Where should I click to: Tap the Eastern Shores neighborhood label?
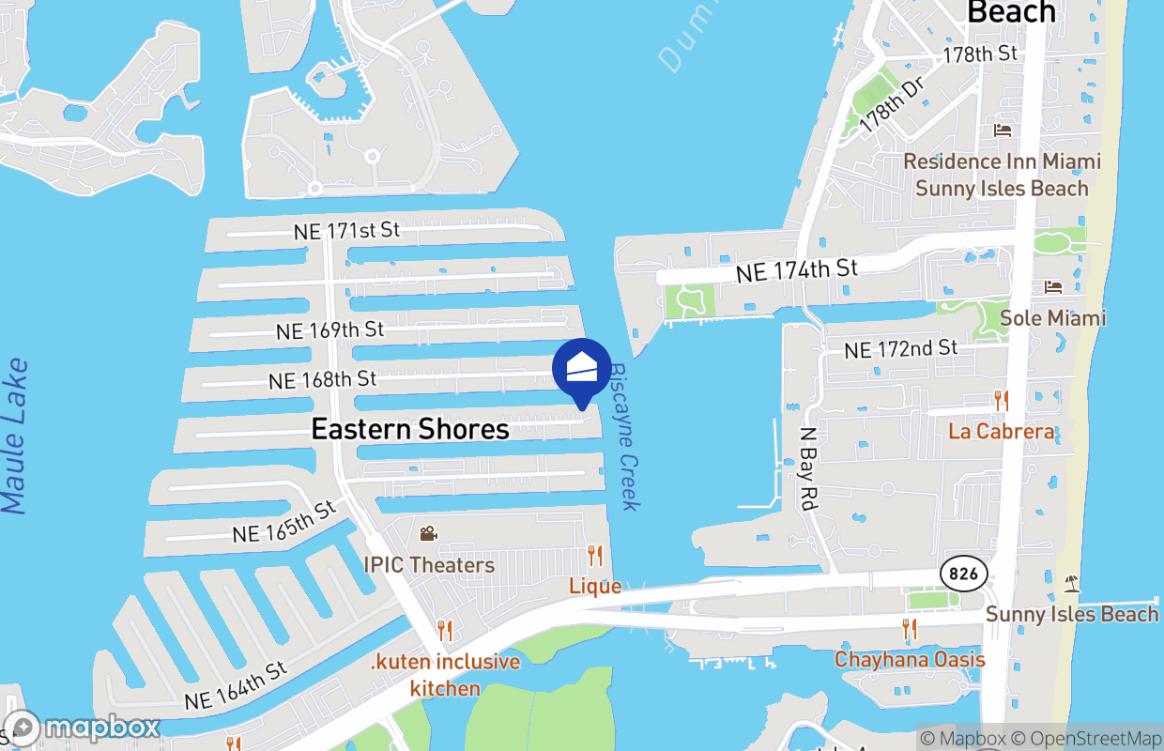[x=410, y=429]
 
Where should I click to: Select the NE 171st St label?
[x=346, y=230]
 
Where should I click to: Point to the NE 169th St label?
[x=330, y=330]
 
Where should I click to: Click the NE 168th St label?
[x=323, y=380]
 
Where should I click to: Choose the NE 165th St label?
[x=283, y=523]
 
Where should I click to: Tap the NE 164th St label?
[x=236, y=687]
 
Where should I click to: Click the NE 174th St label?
[x=797, y=271]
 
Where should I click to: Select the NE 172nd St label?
[x=900, y=349]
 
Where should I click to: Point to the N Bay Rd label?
[x=806, y=469]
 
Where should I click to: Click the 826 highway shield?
[x=956, y=572]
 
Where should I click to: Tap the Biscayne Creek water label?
[x=625, y=437]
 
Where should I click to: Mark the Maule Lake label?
[x=16, y=437]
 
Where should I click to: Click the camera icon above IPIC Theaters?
[x=428, y=534]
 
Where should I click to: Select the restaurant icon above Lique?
[x=595, y=556]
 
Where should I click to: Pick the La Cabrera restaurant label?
[x=1001, y=432]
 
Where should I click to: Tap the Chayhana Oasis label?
[x=910, y=659]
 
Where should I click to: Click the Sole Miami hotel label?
[x=1052, y=318]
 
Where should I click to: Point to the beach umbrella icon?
[x=1072, y=584]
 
